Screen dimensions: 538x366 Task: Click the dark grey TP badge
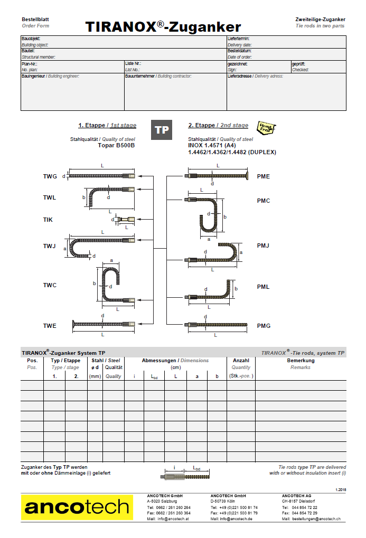click(x=162, y=130)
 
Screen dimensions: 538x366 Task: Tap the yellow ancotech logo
click(x=77, y=507)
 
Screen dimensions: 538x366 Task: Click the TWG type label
click(x=50, y=176)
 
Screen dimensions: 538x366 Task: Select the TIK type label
click(x=48, y=219)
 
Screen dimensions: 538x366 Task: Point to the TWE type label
click(x=50, y=326)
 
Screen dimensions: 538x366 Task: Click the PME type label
click(x=263, y=176)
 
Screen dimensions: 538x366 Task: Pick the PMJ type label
click(x=263, y=245)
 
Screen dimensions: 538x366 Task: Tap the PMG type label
click(x=264, y=326)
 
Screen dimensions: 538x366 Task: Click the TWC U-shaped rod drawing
click(x=110, y=285)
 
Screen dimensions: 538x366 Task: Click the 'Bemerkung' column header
click(x=301, y=361)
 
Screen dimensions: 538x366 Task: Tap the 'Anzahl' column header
click(x=241, y=361)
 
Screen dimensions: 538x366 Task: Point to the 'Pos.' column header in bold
click(x=32, y=361)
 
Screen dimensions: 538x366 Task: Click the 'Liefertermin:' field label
click(x=238, y=39)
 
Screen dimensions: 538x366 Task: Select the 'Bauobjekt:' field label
click(x=31, y=39)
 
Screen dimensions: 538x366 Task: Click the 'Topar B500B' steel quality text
click(x=117, y=145)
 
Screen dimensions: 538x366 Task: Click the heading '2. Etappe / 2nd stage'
click(x=218, y=126)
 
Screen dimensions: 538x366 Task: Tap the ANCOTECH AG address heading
click(x=297, y=496)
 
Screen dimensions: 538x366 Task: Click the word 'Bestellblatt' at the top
click(x=35, y=19)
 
